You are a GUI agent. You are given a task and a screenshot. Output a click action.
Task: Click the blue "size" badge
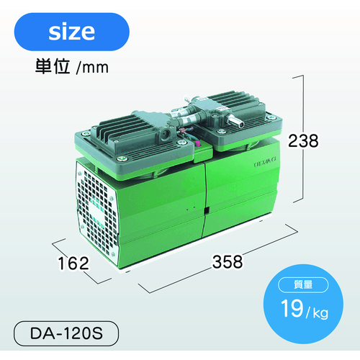coord(71,32)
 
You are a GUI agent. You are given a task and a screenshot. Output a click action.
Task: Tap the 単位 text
coord(53,66)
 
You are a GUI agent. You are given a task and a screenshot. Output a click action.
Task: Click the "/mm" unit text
coord(92,68)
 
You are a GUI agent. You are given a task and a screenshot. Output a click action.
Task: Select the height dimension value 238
coord(303,141)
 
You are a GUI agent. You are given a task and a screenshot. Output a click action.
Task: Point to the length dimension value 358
coord(228,261)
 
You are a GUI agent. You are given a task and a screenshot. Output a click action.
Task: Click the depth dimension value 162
coord(73,264)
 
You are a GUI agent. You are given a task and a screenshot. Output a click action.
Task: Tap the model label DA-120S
coord(66,333)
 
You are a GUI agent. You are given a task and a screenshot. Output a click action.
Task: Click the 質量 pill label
coord(303,284)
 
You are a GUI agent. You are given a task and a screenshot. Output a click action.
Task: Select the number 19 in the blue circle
coord(292,308)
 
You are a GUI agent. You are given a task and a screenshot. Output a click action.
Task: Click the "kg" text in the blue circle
coord(320,312)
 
